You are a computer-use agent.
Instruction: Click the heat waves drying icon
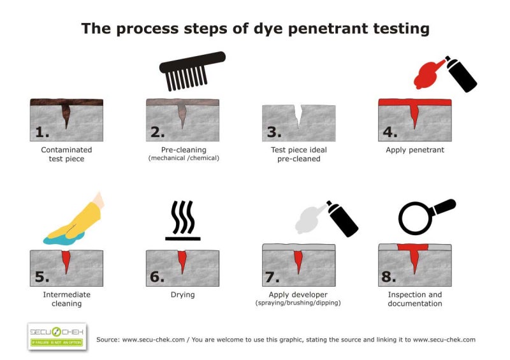183,220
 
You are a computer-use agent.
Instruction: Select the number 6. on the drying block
157,277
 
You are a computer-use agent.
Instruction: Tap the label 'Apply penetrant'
415,150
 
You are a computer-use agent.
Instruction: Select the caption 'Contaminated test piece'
66,154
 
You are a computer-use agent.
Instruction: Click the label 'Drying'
182,295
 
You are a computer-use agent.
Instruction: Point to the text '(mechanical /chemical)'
182,158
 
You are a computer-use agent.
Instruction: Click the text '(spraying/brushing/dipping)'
298,303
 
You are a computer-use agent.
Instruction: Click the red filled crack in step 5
66,260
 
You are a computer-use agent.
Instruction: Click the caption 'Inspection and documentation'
415,299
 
